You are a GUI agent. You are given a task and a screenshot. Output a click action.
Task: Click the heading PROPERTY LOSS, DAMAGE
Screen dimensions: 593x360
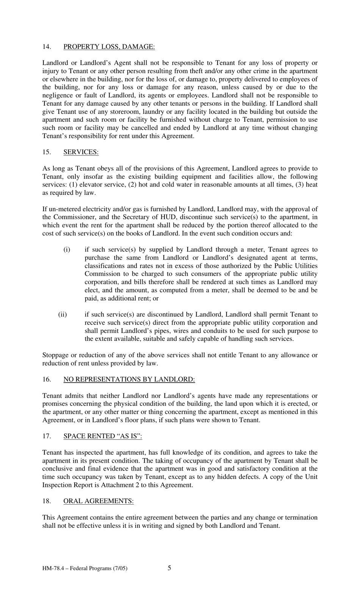pyautogui.click(x=109, y=47)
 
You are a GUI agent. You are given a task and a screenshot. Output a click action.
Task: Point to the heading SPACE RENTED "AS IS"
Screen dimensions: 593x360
pyautogui.click(x=102, y=436)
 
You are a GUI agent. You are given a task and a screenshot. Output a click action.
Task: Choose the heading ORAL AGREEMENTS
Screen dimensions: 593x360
pyautogui.click(x=98, y=501)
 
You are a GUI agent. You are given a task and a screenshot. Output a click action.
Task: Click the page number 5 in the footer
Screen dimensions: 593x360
pyautogui.click(x=169, y=568)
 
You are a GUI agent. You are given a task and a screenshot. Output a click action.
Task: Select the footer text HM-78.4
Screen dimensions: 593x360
pyautogui.click(x=52, y=568)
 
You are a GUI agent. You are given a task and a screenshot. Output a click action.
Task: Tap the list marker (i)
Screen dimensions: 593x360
pyautogui.click(x=67, y=249)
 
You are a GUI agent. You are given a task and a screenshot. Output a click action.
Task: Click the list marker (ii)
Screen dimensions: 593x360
pyautogui.click(x=63, y=315)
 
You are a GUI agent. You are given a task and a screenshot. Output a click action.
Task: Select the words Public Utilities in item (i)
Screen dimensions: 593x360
pyautogui.click(x=296, y=266)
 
